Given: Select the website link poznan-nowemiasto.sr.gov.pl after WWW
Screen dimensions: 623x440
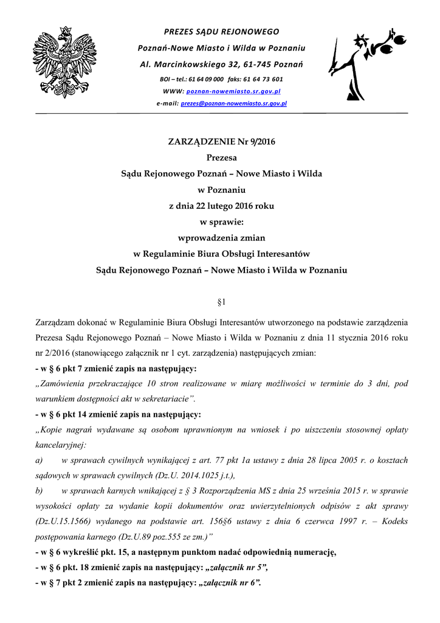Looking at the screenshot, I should point(233,91).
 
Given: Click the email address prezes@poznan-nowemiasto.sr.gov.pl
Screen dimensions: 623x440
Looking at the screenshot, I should point(233,104).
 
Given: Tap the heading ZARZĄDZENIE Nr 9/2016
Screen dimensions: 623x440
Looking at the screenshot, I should point(221,142).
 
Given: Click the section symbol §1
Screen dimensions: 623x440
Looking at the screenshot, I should point(221,301).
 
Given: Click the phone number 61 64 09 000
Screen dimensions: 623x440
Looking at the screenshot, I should point(206,79).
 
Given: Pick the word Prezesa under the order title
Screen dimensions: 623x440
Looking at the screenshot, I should point(221,158).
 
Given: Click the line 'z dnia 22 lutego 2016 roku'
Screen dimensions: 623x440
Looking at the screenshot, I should point(221,206).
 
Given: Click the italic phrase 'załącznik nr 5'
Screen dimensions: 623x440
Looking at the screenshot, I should point(236,567).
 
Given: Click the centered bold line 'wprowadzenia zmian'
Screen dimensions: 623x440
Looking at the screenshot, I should point(221,237).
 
